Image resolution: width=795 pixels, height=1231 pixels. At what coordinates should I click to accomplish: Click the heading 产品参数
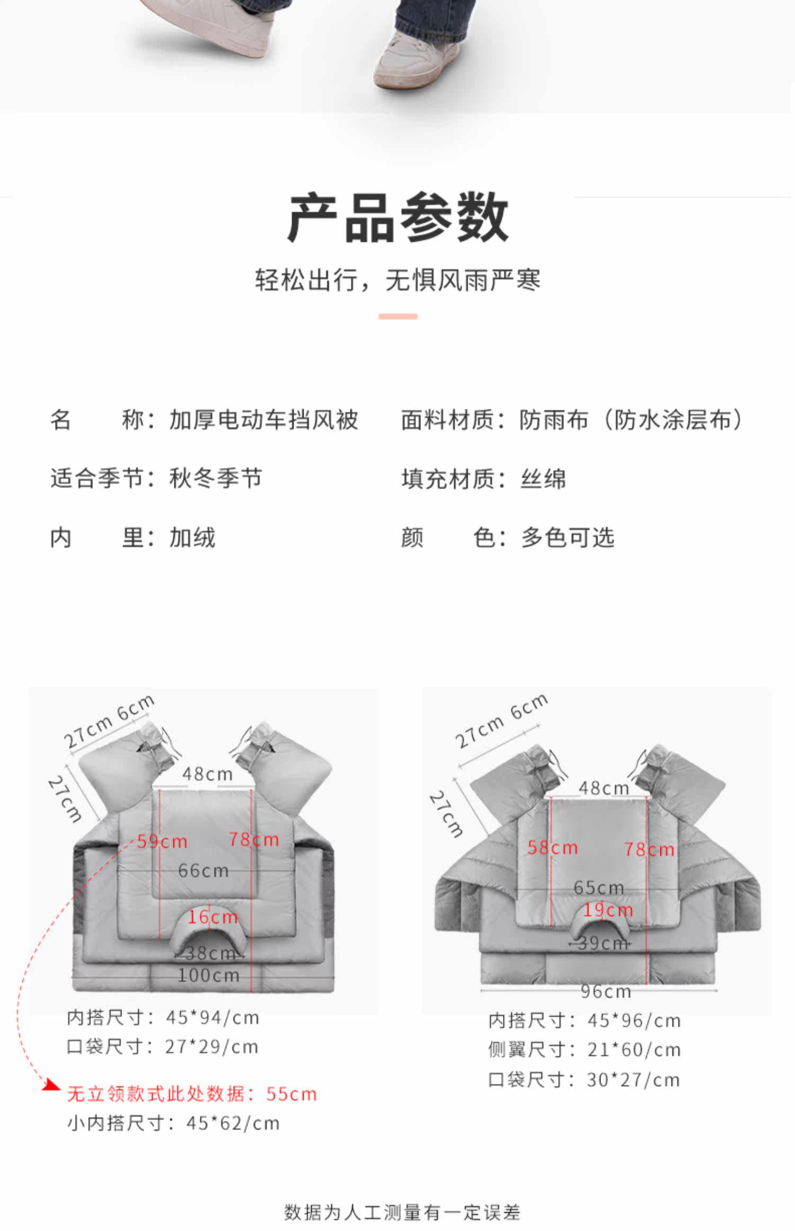(397, 218)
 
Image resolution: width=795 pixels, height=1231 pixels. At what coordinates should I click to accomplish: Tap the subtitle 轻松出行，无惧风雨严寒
(397, 280)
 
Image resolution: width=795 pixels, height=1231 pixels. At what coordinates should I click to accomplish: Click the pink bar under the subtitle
(397, 316)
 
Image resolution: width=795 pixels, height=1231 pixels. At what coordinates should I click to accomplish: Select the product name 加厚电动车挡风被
(263, 420)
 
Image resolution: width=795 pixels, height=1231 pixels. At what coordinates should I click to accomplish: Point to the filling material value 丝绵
(543, 479)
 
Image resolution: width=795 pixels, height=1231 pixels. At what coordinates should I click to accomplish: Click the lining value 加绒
(192, 538)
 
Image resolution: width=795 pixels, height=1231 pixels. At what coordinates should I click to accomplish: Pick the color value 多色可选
(567, 538)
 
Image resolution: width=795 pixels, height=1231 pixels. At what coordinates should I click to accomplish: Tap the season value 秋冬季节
(215, 478)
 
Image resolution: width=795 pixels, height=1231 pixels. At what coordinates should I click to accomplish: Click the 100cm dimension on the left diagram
(208, 975)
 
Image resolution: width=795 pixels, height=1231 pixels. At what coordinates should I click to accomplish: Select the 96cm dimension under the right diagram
(606, 991)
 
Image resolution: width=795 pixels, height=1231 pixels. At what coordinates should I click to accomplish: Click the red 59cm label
(162, 841)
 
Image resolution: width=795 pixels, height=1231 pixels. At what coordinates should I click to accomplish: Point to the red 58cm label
(552, 848)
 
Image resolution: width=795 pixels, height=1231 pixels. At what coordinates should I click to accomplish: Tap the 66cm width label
(203, 871)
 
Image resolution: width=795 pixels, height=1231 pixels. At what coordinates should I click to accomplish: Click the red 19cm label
(608, 910)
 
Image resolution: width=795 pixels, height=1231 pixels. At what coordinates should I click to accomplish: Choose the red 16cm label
(213, 917)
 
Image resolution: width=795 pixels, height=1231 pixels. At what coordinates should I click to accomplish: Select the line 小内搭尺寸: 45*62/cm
(173, 1123)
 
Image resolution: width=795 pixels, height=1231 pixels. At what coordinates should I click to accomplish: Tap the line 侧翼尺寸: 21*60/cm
(584, 1050)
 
